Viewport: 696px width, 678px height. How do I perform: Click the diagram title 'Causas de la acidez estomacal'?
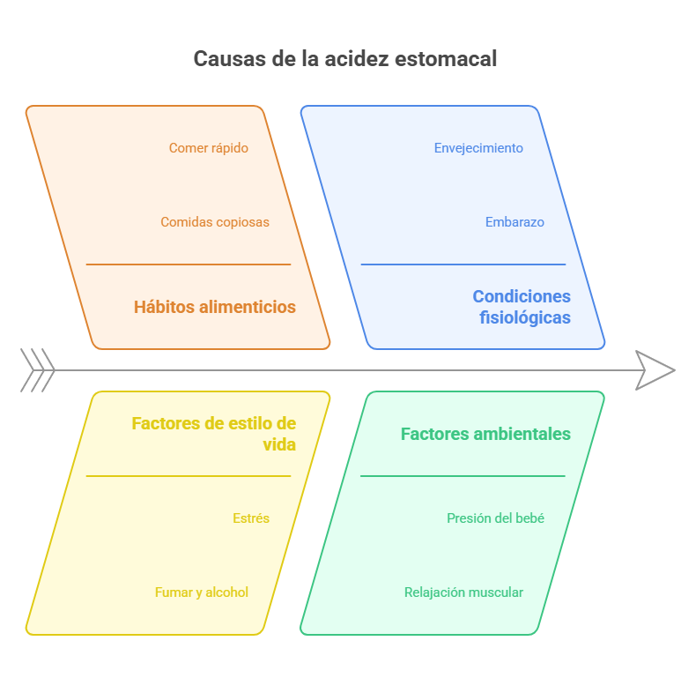[x=345, y=59]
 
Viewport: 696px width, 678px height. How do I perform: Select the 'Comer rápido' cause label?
[x=209, y=148]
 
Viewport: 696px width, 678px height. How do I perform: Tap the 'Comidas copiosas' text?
[x=215, y=222]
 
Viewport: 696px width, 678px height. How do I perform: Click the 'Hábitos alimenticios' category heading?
[x=215, y=307]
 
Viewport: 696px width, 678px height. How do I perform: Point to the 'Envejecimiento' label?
[x=478, y=148]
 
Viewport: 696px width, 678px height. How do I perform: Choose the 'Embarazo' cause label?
[x=515, y=222]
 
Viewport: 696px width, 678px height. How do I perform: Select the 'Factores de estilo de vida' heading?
[x=214, y=434]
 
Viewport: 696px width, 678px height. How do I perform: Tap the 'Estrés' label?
[x=251, y=518]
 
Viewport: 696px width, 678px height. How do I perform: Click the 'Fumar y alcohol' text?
[x=202, y=592]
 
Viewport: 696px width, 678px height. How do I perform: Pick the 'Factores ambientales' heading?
[x=485, y=434]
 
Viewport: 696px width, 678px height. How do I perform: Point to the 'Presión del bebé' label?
[x=495, y=518]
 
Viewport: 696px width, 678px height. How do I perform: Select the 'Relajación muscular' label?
[x=463, y=592]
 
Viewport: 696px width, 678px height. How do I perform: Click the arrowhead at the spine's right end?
[x=656, y=370]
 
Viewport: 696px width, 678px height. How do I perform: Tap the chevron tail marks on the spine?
[x=37, y=370]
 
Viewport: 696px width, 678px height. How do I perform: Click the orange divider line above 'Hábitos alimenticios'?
[x=189, y=264]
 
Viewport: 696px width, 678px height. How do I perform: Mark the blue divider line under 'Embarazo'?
[x=463, y=264]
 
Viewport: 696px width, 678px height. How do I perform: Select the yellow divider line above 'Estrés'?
[x=189, y=476]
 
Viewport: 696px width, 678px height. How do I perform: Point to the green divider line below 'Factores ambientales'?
[x=463, y=476]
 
